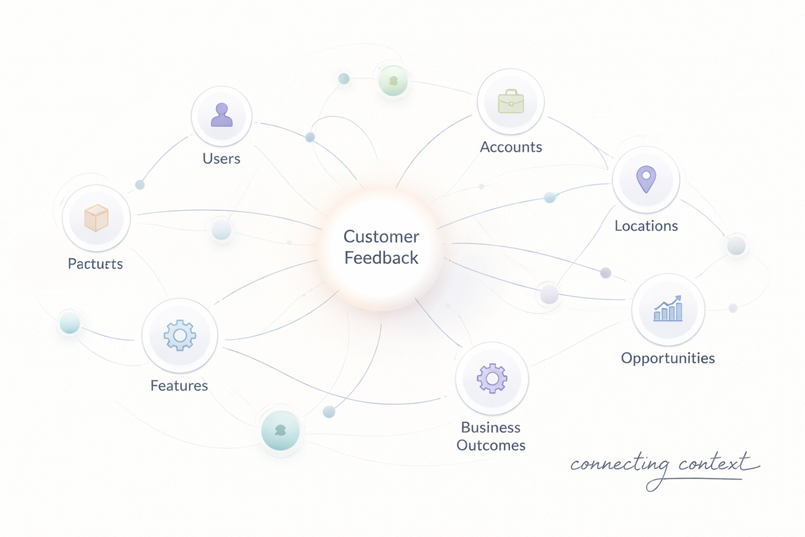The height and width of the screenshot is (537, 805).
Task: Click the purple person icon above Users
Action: (221, 115)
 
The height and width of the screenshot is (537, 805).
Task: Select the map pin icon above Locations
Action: (645, 179)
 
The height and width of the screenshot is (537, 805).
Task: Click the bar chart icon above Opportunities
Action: (667, 308)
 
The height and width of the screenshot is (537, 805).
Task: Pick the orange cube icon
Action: (96, 218)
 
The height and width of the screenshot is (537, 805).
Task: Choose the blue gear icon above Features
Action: (179, 334)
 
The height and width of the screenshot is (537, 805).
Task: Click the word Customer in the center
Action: (381, 236)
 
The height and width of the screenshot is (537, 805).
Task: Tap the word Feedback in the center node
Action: (381, 258)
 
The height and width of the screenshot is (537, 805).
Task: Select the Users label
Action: (221, 159)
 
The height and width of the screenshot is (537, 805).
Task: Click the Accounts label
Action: (511, 147)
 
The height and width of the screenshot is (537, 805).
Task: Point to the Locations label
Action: (646, 226)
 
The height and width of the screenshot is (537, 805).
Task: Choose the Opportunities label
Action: (667, 358)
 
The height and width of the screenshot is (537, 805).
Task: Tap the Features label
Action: (179, 385)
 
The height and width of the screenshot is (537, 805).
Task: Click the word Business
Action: (490, 428)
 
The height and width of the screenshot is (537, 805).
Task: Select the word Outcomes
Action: (490, 445)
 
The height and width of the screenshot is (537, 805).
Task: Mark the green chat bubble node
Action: (393, 81)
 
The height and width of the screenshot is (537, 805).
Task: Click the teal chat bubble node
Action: (280, 430)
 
